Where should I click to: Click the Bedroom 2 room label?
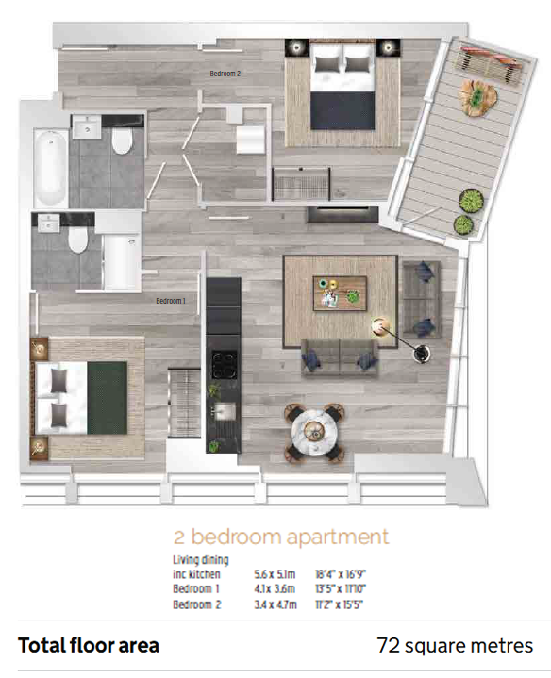click(x=225, y=74)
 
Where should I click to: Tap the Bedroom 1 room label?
click(x=171, y=301)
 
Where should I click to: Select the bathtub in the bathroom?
click(x=51, y=167)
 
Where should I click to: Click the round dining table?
click(x=314, y=430)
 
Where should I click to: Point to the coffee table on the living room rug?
click(x=340, y=293)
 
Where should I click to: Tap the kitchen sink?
click(x=225, y=411)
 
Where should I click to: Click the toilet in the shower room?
click(x=78, y=240)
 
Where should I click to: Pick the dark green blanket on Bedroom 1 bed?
click(x=108, y=398)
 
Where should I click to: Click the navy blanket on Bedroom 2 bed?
click(x=342, y=110)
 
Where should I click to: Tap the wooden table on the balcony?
click(x=476, y=98)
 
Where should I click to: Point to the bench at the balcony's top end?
click(x=492, y=62)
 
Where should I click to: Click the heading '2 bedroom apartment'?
click(x=281, y=537)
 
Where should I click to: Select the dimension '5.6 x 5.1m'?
click(x=275, y=574)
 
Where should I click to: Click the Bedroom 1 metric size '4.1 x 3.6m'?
click(x=275, y=589)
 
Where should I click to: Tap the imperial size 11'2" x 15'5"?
click(x=339, y=604)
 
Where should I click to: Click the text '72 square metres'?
click(x=455, y=646)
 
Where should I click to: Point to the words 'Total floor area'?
click(x=89, y=646)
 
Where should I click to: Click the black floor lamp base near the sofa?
click(x=422, y=354)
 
